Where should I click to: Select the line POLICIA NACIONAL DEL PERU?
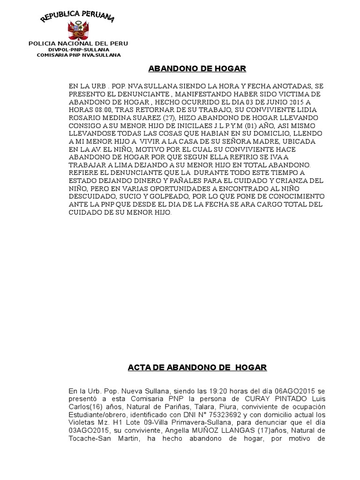click(78, 43)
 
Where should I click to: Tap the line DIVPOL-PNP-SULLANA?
click(78, 49)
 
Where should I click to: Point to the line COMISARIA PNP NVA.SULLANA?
click(78, 55)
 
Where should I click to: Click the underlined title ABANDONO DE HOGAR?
click(197, 69)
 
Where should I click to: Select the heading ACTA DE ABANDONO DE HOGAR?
click(197, 367)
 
